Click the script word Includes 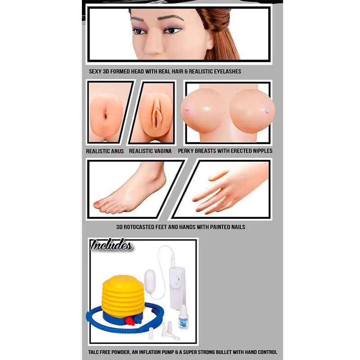[x=112, y=245]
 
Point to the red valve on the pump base [x=130, y=321]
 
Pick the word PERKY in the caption [x=185, y=151]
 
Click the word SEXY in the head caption [x=95, y=72]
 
